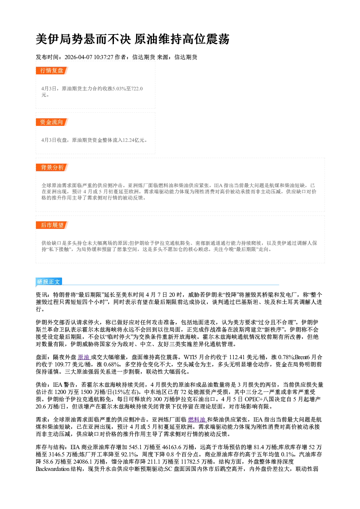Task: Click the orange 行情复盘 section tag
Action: click(x=52, y=70)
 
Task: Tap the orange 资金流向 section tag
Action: click(x=52, y=122)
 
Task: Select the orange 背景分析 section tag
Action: click(x=52, y=167)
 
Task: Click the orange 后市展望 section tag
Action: click(x=52, y=225)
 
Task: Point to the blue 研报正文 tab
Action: click(x=49, y=282)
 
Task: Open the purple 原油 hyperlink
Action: click(x=83, y=357)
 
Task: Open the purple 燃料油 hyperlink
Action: click(x=197, y=419)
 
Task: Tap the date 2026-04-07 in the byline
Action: click(x=78, y=57)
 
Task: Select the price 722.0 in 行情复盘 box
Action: click(x=137, y=89)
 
